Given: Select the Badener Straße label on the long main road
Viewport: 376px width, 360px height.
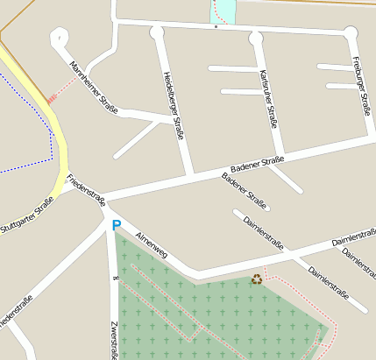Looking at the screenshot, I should click(x=257, y=163).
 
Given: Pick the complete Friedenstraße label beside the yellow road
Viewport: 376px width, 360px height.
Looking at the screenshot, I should click(x=86, y=187).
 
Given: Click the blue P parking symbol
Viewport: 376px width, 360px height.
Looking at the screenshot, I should click(x=117, y=226).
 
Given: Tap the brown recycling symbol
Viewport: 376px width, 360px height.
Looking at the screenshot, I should click(x=257, y=279).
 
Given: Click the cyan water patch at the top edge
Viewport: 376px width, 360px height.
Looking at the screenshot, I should click(x=223, y=11).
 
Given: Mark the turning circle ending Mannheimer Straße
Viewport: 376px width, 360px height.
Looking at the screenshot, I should click(x=60, y=37).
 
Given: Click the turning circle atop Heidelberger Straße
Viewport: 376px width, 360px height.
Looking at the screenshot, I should click(x=157, y=33).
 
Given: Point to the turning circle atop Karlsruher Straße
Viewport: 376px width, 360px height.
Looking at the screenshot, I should click(x=255, y=38).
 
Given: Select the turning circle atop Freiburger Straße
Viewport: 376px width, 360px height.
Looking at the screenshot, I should click(x=351, y=33).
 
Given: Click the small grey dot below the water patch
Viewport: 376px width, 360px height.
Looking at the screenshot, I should click(x=216, y=27).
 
